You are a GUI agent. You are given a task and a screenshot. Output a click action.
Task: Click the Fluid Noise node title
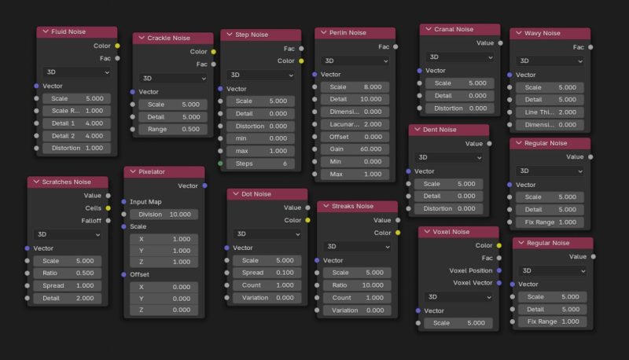click(x=69, y=32)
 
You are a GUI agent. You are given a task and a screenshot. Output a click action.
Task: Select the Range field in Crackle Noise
click(x=172, y=129)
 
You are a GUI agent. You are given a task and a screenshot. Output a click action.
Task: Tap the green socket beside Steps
click(x=220, y=164)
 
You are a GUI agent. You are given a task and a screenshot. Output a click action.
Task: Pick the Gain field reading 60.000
click(x=355, y=149)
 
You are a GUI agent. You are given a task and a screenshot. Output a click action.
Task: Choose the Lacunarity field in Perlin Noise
click(x=355, y=124)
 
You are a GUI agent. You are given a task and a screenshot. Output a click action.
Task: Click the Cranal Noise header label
click(x=454, y=29)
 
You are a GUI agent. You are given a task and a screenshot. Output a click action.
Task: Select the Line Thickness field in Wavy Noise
click(x=550, y=112)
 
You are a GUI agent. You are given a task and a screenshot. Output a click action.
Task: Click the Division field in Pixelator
click(x=164, y=214)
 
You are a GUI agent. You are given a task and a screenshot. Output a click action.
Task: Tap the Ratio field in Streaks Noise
click(x=357, y=285)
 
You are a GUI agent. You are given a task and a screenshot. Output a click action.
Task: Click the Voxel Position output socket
click(x=498, y=270)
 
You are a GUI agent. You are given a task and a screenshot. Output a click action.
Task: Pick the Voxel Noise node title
click(x=452, y=232)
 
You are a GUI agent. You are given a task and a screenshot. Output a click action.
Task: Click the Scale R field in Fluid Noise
click(x=77, y=112)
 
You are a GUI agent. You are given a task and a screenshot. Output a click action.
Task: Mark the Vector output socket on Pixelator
click(x=204, y=186)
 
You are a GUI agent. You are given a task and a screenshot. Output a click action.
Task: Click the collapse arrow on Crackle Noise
click(x=140, y=38)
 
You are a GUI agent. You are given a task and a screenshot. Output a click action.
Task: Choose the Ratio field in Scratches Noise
click(x=68, y=274)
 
